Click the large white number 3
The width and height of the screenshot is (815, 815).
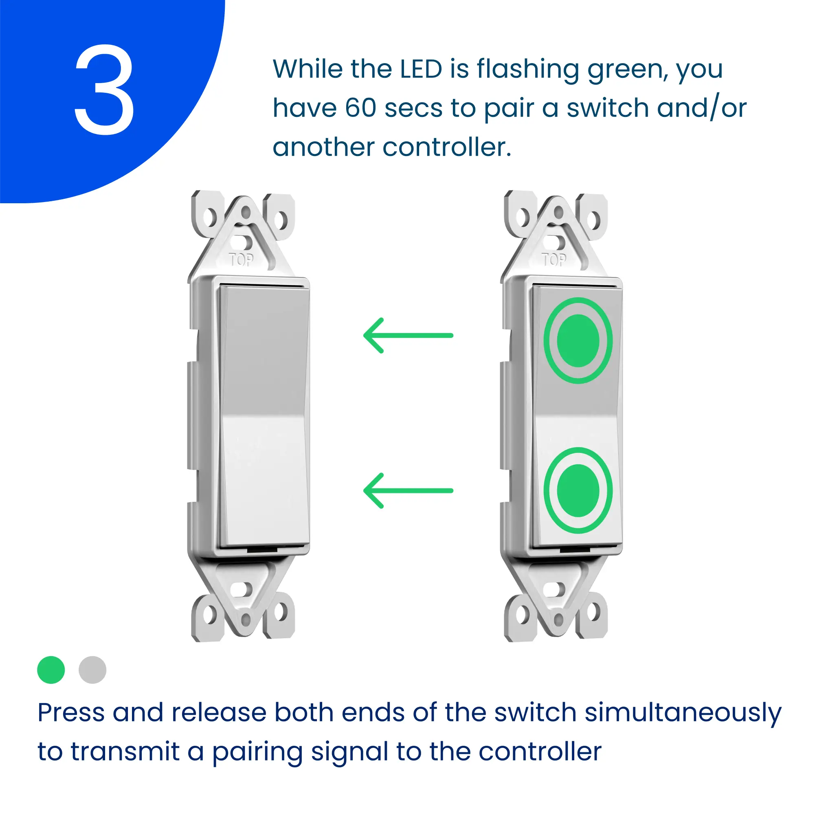pyautogui.click(x=105, y=90)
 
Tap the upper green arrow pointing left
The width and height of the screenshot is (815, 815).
pyautogui.click(x=408, y=335)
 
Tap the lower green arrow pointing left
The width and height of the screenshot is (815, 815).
pyautogui.click(x=408, y=491)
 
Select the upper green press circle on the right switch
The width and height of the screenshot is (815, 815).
pyautogui.click(x=578, y=340)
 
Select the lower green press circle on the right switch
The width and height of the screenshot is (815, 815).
pyautogui.click(x=578, y=490)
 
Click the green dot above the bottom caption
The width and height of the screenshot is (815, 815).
pyautogui.click(x=51, y=670)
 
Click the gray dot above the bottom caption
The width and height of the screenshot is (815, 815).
pyautogui.click(x=92, y=670)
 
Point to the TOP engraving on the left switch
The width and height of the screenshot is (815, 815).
pyautogui.click(x=241, y=260)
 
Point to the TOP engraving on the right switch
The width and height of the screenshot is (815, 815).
pyautogui.click(x=554, y=260)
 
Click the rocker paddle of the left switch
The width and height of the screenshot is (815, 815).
pyautogui.click(x=264, y=415)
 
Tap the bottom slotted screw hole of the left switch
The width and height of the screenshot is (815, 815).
pyautogui.click(x=242, y=589)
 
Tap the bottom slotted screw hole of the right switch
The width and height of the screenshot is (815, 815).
pyautogui.click(x=554, y=589)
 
